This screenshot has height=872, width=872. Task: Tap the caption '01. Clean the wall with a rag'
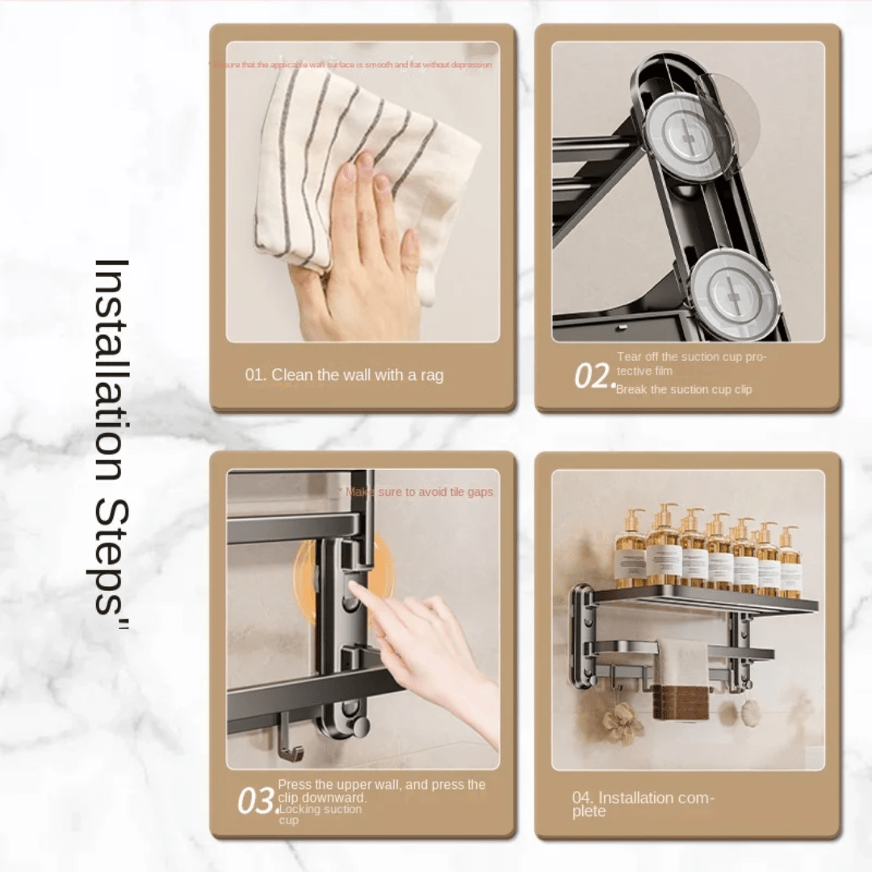[x=344, y=375]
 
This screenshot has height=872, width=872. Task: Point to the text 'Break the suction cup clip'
[x=684, y=390]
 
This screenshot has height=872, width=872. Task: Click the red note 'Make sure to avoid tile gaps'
[x=419, y=492]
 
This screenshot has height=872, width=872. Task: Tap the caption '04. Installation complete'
[x=643, y=804]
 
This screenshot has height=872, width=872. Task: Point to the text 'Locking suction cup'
[x=320, y=814]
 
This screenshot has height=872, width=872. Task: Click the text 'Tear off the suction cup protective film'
[x=691, y=363]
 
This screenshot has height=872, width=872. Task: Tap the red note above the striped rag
[x=352, y=65]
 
